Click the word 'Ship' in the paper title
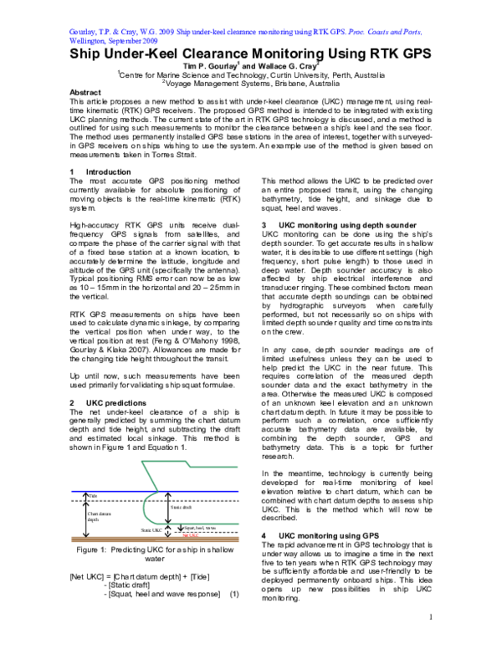(x=88, y=54)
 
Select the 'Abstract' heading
(x=85, y=92)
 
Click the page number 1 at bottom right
(x=429, y=640)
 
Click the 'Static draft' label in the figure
(x=182, y=507)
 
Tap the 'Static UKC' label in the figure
(x=151, y=528)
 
